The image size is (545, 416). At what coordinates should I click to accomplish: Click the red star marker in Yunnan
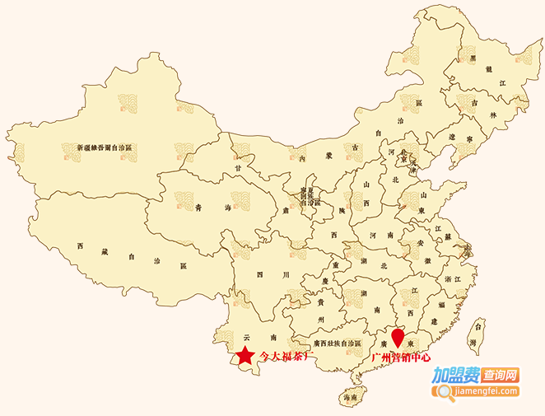[x=245, y=356]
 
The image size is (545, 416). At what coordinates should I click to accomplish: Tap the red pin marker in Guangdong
[x=399, y=337]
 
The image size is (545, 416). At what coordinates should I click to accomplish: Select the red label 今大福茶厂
[x=287, y=357]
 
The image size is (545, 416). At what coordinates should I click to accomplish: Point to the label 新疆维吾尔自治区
[x=105, y=147]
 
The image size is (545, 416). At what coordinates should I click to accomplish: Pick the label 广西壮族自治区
[x=337, y=342]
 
